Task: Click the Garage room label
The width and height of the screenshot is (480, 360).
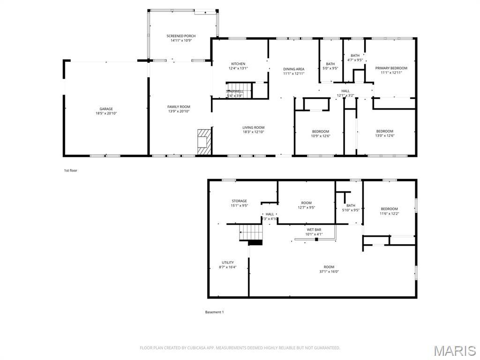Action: pyautogui.click(x=106, y=109)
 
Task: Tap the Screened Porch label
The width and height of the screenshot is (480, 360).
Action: pyautogui.click(x=181, y=36)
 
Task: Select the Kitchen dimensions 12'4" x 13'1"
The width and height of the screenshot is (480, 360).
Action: pyautogui.click(x=238, y=68)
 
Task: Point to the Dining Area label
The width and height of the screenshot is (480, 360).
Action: pyautogui.click(x=294, y=69)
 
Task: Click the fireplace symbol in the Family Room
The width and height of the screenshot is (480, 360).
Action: pyautogui.click(x=204, y=142)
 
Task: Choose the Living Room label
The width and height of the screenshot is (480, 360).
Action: pyautogui.click(x=254, y=127)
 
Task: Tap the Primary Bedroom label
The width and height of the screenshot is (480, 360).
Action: pyautogui.click(x=391, y=68)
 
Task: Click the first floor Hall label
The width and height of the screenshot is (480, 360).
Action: pyautogui.click(x=345, y=91)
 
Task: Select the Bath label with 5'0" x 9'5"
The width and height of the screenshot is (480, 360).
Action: pyautogui.click(x=330, y=64)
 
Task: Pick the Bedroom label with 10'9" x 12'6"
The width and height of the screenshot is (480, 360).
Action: pyautogui.click(x=321, y=131)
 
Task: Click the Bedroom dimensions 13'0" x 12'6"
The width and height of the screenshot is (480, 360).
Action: pyautogui.click(x=385, y=136)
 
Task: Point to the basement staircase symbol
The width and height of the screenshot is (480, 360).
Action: pyautogui.click(x=251, y=232)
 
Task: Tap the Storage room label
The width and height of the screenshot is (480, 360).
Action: pyautogui.click(x=239, y=201)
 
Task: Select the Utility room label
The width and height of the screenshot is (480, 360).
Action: pyautogui.click(x=228, y=262)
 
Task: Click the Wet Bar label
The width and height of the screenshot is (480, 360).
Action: pyautogui.click(x=314, y=230)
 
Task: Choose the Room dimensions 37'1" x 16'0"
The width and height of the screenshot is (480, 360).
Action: pyautogui.click(x=329, y=271)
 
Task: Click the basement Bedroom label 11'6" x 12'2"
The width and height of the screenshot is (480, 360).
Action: pyautogui.click(x=389, y=209)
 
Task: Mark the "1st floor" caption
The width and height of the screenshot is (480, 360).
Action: pyautogui.click(x=71, y=171)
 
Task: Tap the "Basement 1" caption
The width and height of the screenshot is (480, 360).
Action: pyautogui.click(x=214, y=312)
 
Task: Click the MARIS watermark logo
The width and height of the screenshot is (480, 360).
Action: pyautogui.click(x=454, y=351)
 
